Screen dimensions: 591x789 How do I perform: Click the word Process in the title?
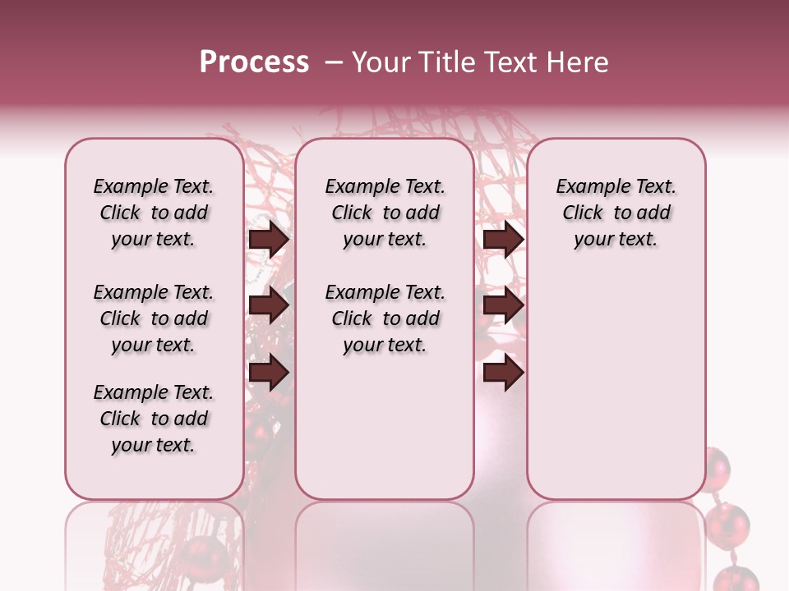(x=254, y=62)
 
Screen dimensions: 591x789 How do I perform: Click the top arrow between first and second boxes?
(x=269, y=240)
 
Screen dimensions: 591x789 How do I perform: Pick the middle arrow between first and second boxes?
(x=269, y=306)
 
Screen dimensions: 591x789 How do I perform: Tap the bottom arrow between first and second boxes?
(x=269, y=373)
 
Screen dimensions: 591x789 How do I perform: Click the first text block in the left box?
(x=154, y=213)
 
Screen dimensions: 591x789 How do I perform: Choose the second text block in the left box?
(x=154, y=318)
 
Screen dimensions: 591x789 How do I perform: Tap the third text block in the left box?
(x=154, y=419)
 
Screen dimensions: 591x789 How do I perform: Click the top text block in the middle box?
(x=385, y=213)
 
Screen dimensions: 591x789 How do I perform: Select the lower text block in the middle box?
(x=385, y=318)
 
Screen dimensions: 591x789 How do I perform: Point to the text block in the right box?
(x=616, y=213)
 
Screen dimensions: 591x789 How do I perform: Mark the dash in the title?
(x=334, y=62)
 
